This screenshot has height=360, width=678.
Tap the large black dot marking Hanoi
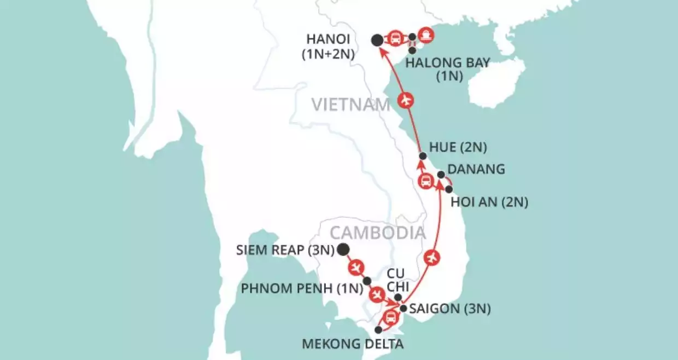377,40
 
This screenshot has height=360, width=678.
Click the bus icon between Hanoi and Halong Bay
396,38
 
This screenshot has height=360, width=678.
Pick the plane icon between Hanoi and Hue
405,100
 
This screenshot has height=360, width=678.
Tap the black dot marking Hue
422,156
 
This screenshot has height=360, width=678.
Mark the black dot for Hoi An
449,189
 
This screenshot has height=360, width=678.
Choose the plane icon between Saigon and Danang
431,256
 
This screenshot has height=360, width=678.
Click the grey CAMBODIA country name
377,233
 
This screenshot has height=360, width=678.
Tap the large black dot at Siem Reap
343,250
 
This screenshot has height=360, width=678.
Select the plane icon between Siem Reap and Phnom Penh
356,267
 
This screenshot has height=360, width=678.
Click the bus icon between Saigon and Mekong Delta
390,317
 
